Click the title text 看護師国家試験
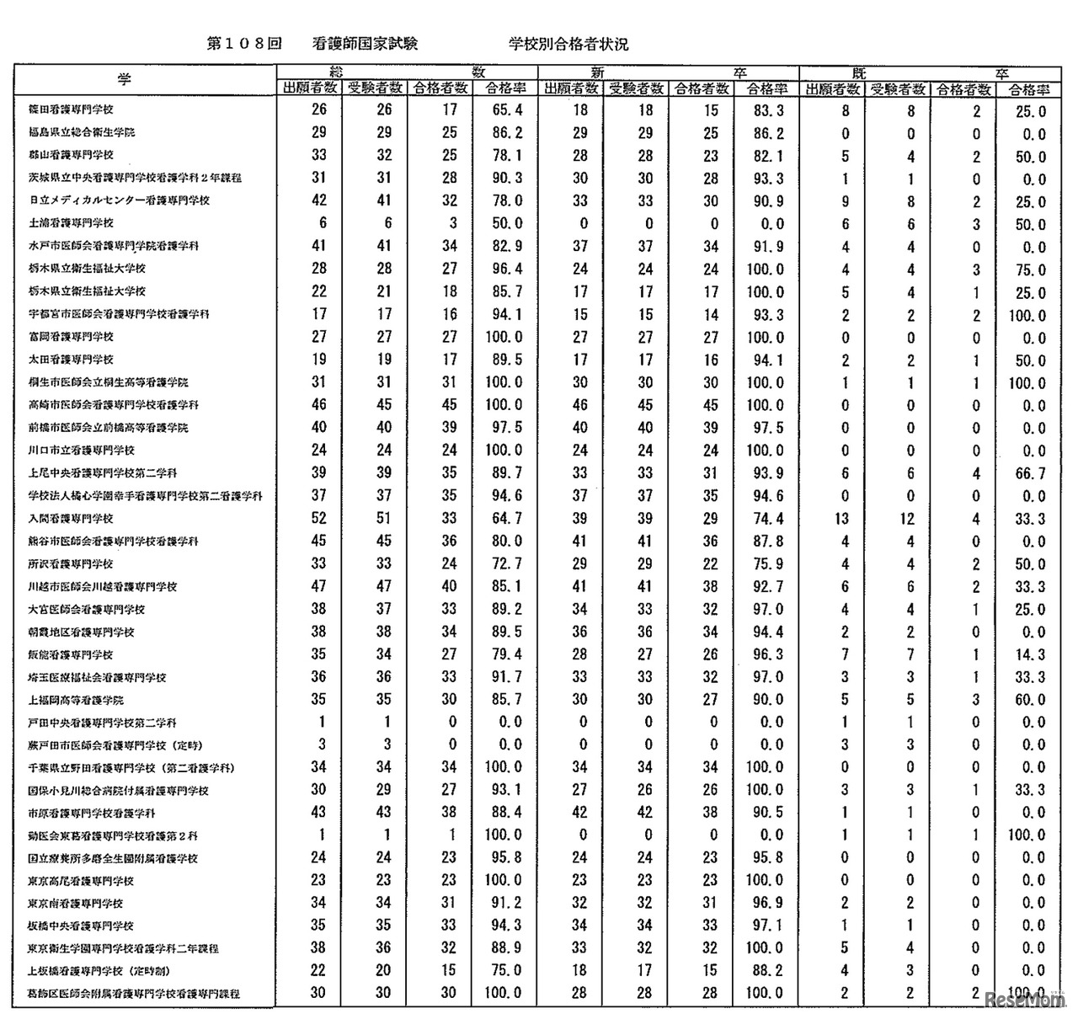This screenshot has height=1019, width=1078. pyautogui.click(x=364, y=44)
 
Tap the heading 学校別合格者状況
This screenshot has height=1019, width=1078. pyautogui.click(x=568, y=44)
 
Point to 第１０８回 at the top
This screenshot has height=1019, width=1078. pyautogui.click(x=243, y=44)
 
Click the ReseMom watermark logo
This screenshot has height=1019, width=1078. pyautogui.click(x=1024, y=1000)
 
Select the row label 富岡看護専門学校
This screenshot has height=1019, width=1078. pyautogui.click(x=72, y=337)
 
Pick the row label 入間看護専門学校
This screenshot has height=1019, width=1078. pyautogui.click(x=72, y=519)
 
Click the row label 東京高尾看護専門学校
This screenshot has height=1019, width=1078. pyautogui.click(x=82, y=881)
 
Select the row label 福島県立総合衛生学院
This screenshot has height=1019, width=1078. pyautogui.click(x=82, y=132)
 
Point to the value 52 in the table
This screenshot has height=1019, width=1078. pyautogui.click(x=318, y=519)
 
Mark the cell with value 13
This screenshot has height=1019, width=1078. pyautogui.click(x=843, y=519)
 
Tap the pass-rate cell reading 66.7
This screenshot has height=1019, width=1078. pyautogui.click(x=1030, y=474)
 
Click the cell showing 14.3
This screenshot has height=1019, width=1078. pyautogui.click(x=1030, y=655)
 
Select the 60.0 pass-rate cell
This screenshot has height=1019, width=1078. pyautogui.click(x=1030, y=701)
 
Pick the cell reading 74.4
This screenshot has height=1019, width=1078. pyautogui.click(x=768, y=519)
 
